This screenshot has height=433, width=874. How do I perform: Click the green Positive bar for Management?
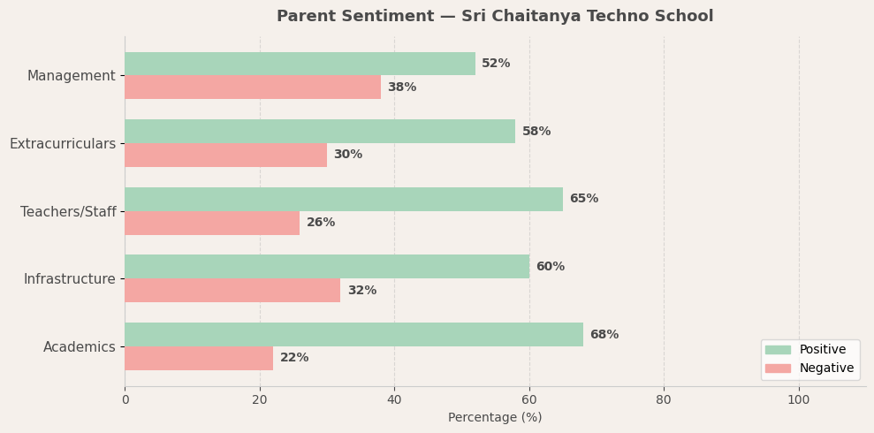[x=300, y=64]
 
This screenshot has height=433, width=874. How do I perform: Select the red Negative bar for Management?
[x=253, y=87]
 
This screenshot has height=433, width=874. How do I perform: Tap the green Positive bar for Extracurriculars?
[x=320, y=132]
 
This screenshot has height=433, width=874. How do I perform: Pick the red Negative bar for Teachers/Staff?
[x=212, y=223]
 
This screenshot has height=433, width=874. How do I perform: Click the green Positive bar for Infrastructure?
[x=327, y=267]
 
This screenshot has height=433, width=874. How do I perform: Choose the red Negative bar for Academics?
[x=199, y=358]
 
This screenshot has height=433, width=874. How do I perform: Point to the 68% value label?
[x=604, y=335]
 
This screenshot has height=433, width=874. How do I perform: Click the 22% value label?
[x=294, y=358]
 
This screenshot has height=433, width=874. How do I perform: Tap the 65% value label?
[x=584, y=199]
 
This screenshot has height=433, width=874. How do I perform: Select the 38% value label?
[x=402, y=87]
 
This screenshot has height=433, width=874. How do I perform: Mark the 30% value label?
[x=348, y=155]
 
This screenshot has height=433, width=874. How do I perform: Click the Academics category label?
[x=80, y=347]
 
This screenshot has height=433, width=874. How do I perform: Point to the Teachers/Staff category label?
[x=68, y=212]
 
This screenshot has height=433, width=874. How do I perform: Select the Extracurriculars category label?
[x=63, y=144]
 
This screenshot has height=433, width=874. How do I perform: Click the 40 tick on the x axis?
[x=394, y=399]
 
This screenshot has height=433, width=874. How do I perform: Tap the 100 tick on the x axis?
[x=799, y=399]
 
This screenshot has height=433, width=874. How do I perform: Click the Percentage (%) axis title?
[x=495, y=417]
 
